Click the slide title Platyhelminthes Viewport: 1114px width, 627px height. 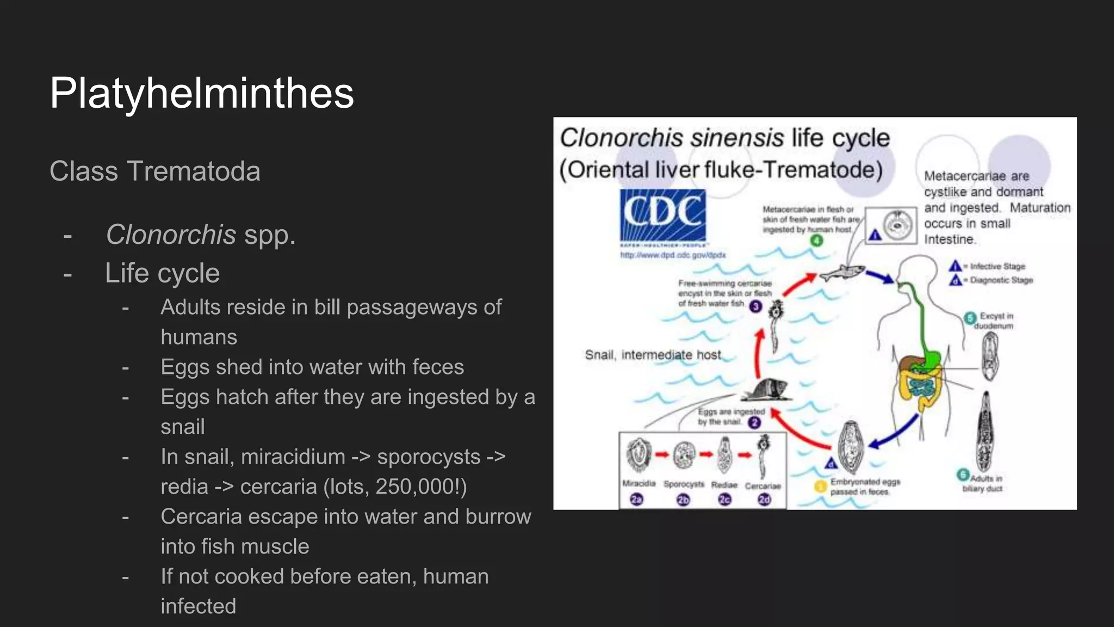(x=202, y=93)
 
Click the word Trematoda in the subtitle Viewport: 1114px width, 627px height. (x=194, y=171)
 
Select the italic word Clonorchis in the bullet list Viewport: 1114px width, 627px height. (x=171, y=235)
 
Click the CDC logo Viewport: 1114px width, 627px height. (x=663, y=216)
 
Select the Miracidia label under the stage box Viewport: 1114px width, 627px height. (x=639, y=483)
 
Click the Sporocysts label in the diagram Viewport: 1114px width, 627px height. (x=684, y=484)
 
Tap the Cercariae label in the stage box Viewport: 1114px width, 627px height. (x=763, y=485)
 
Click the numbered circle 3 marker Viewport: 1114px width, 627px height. (x=756, y=306)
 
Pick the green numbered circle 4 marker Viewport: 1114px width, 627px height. (x=816, y=240)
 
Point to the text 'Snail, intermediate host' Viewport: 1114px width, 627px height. (x=653, y=355)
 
